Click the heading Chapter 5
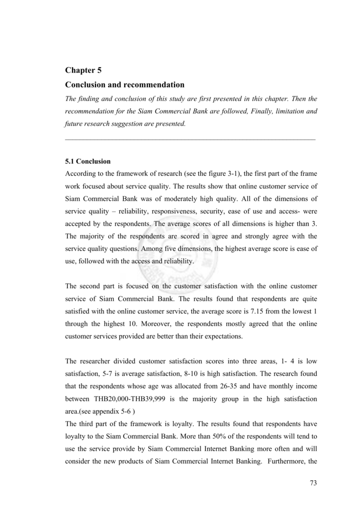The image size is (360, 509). click(84, 71)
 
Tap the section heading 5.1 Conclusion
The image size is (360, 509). click(88, 162)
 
